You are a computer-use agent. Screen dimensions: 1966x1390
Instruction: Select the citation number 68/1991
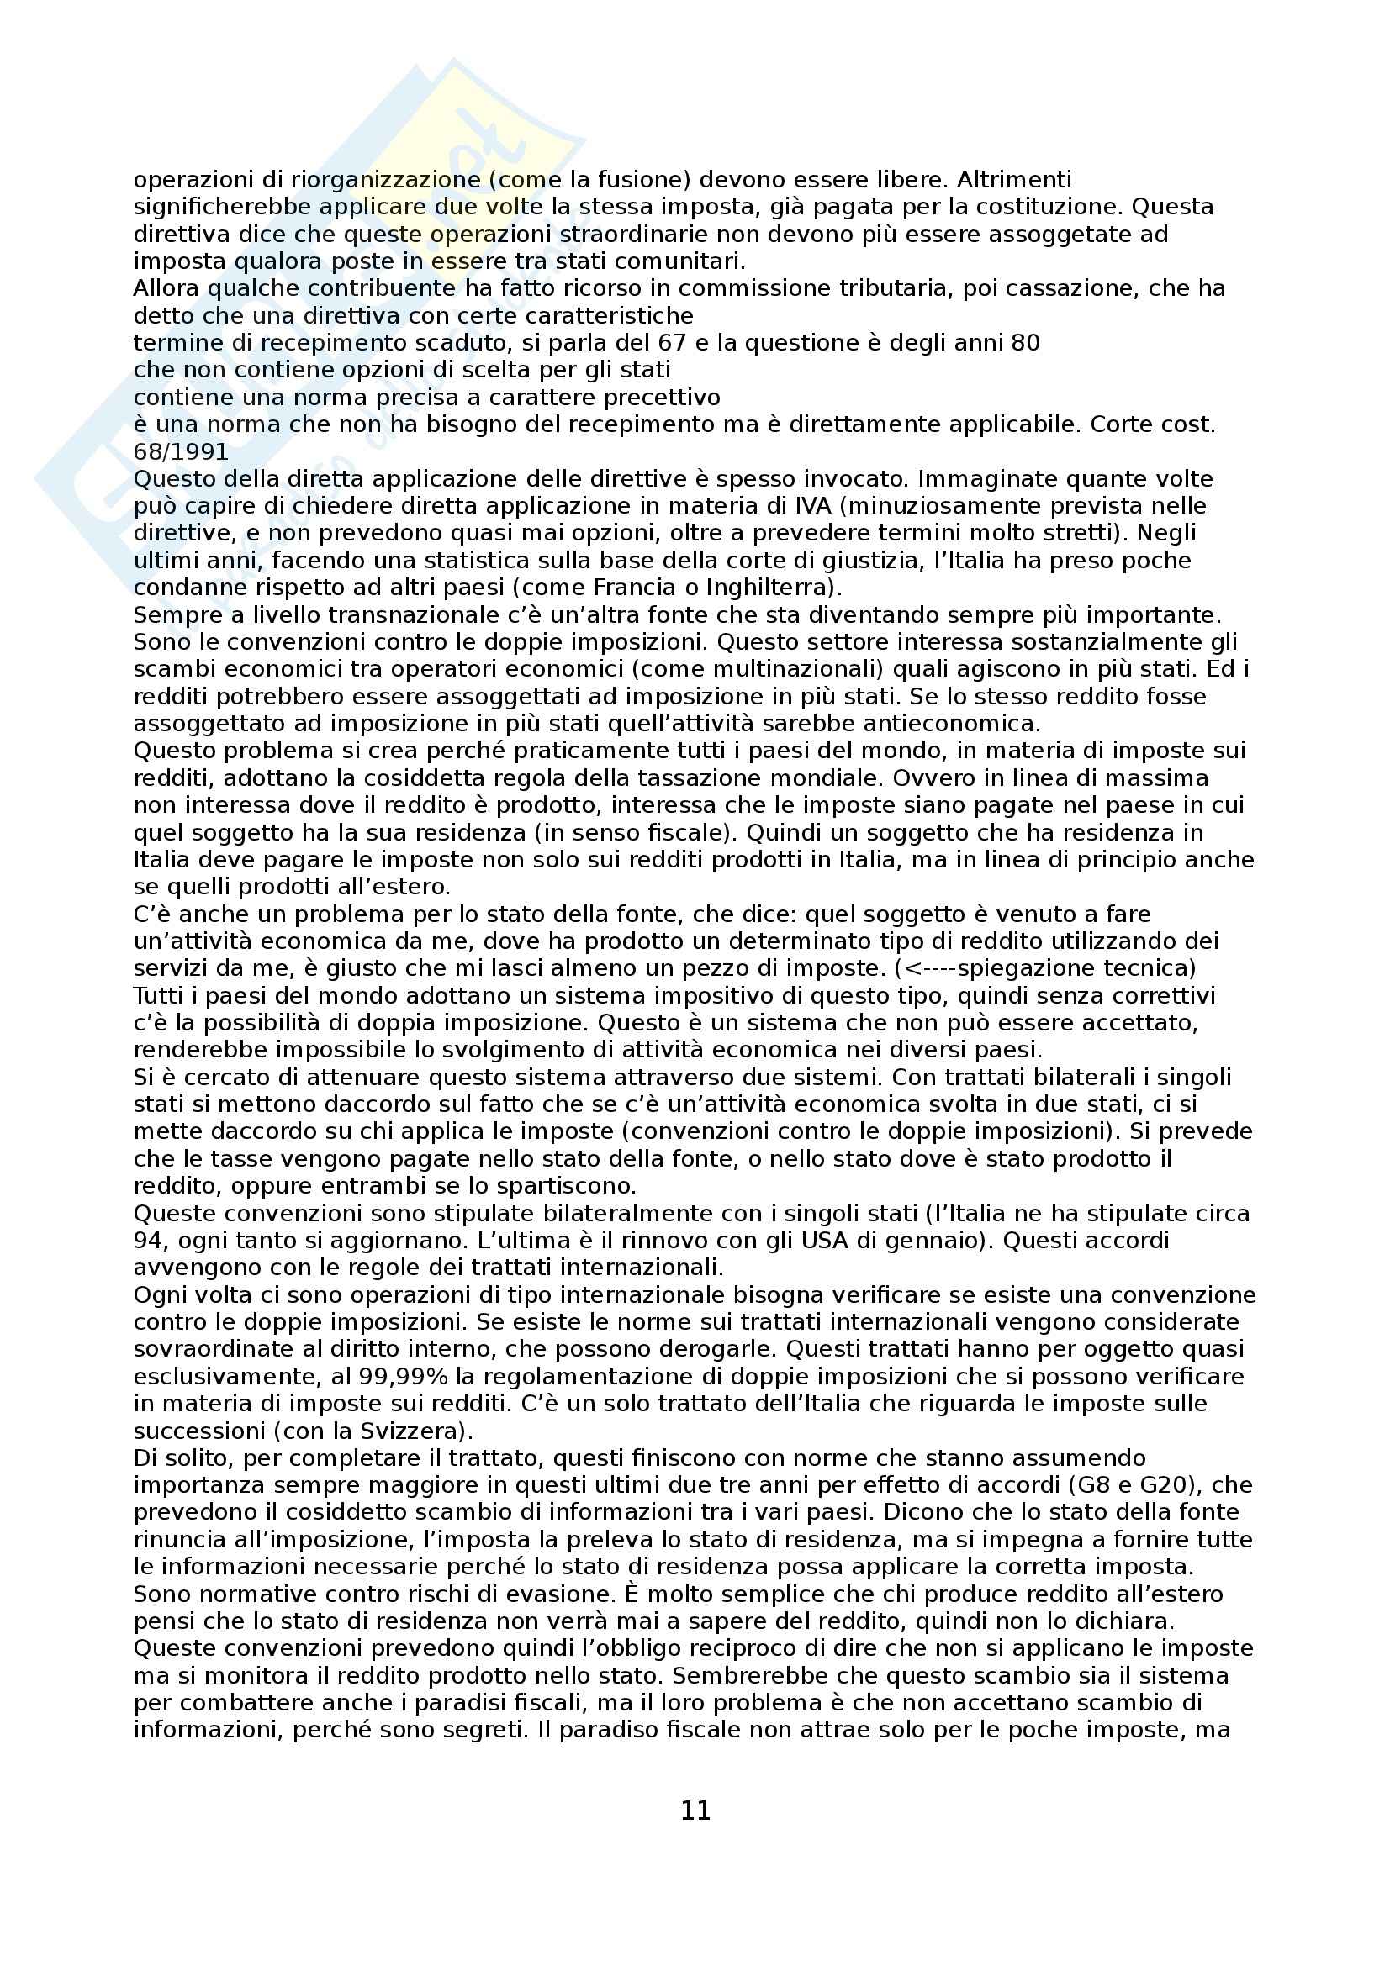coord(181,451)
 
